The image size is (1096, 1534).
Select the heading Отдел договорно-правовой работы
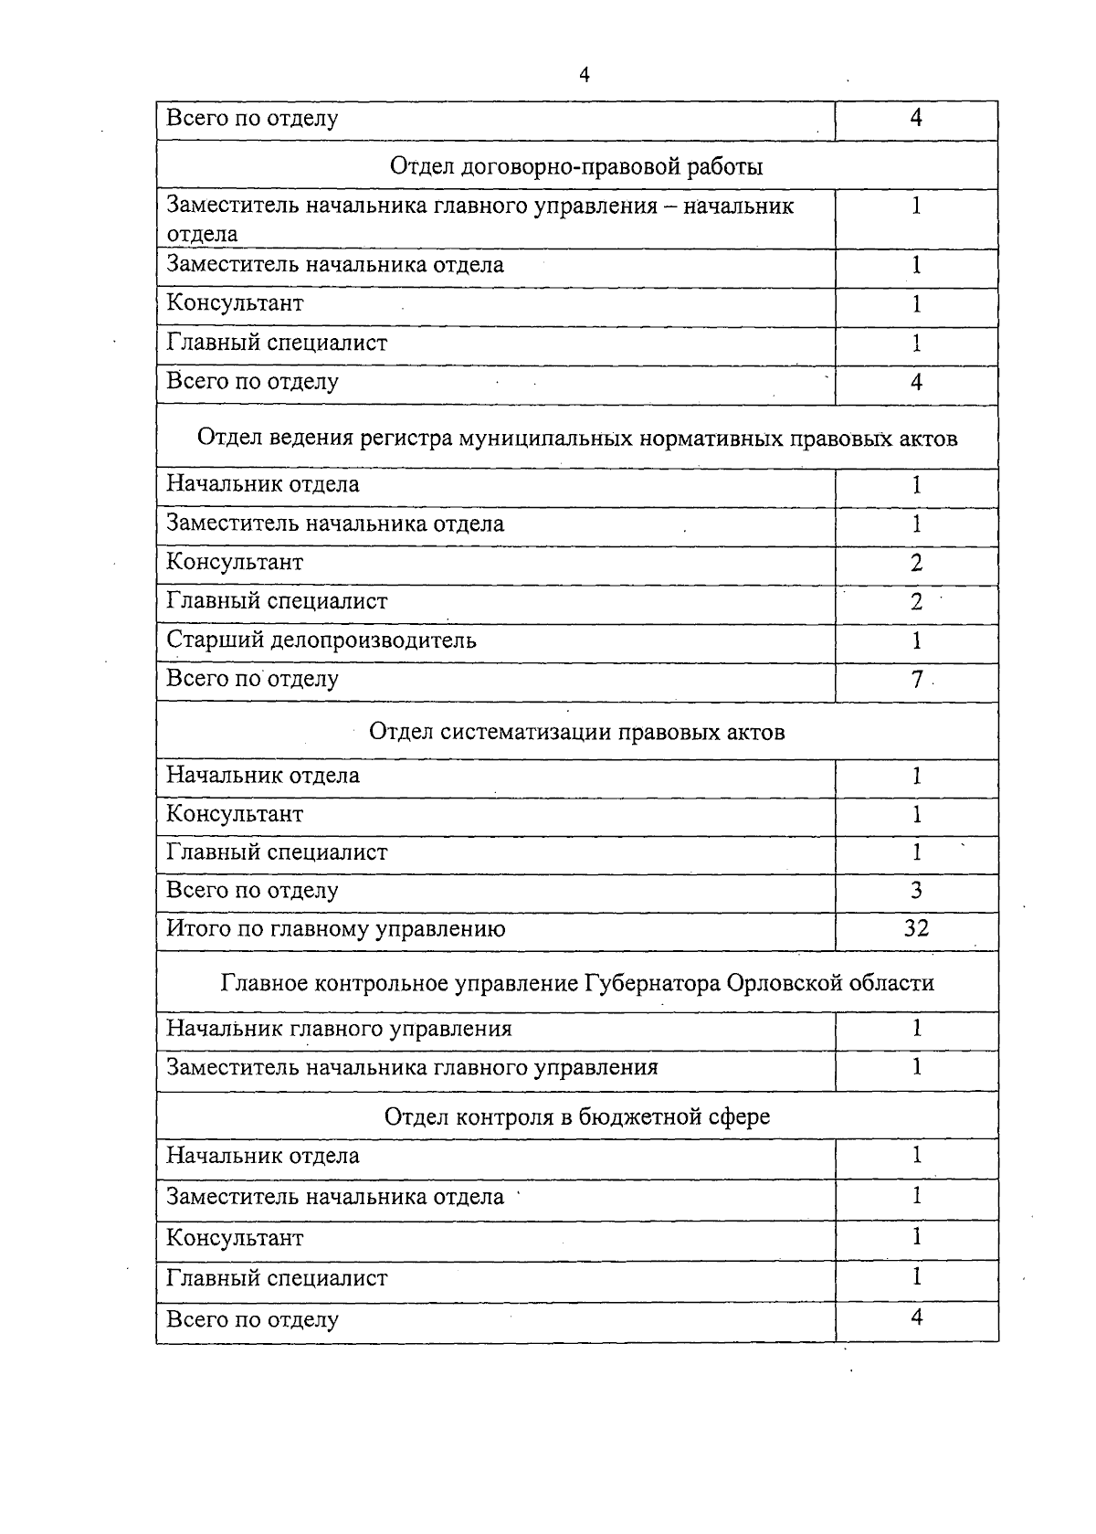[576, 167]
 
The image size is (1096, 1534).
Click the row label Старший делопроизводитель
[321, 640]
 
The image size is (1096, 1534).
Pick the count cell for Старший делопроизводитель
[916, 640]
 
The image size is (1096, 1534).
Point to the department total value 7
[917, 680]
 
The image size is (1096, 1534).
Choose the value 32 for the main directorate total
[916, 929]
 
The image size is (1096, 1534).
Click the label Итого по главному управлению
[335, 929]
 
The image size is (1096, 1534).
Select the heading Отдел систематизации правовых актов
[576, 733]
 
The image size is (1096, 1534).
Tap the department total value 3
[916, 891]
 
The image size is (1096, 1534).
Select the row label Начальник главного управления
[338, 1030]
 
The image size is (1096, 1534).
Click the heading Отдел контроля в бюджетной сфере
[576, 1117]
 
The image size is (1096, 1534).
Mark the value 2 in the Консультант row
[916, 563]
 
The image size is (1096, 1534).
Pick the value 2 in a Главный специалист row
[916, 602]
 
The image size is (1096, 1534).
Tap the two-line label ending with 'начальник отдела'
[479, 219]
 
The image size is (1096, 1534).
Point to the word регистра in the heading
[407, 439]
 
